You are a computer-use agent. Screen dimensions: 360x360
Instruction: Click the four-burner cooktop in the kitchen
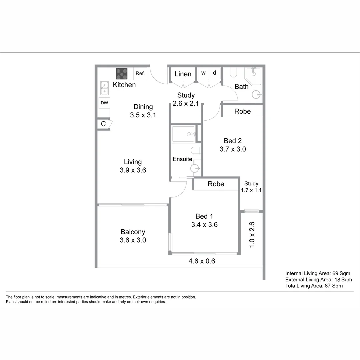tap(122, 74)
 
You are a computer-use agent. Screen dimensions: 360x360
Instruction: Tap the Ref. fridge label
tap(140, 74)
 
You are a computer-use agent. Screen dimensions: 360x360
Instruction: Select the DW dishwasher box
tap(105, 103)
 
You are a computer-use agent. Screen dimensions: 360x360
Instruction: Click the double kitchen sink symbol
tap(105, 88)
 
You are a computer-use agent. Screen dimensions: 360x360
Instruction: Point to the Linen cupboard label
tap(183, 74)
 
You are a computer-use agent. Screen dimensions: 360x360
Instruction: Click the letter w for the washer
tap(203, 73)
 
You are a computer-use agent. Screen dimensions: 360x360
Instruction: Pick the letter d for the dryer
tap(215, 73)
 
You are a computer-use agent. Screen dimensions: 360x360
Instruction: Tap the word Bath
tap(242, 87)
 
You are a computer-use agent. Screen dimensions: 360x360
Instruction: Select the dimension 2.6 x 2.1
tap(186, 103)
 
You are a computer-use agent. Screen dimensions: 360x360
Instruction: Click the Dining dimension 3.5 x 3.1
tap(143, 115)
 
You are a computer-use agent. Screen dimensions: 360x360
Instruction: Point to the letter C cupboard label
tap(103, 124)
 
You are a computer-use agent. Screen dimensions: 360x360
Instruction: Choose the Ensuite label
tap(182, 159)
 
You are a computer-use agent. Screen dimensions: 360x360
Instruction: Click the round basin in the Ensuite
tap(195, 169)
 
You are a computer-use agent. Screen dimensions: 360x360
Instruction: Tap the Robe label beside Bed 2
tap(243, 111)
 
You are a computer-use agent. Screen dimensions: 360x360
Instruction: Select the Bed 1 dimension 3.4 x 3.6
tap(204, 225)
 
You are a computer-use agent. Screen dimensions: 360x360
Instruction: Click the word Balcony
tap(133, 232)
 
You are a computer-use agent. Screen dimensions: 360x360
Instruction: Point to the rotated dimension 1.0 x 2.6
tap(252, 235)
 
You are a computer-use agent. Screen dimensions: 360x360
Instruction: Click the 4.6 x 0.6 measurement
tap(202, 261)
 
